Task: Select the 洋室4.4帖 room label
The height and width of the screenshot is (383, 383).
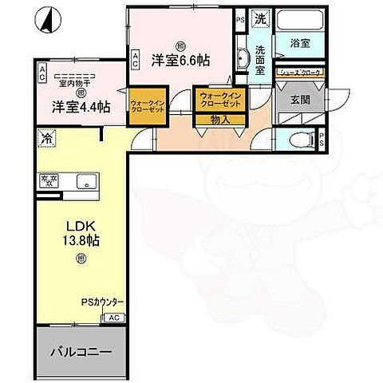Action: point(81,106)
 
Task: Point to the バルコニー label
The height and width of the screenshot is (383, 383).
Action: point(81,353)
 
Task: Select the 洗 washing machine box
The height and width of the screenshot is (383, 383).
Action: point(259,18)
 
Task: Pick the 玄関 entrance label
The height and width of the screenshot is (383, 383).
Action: point(299,101)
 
